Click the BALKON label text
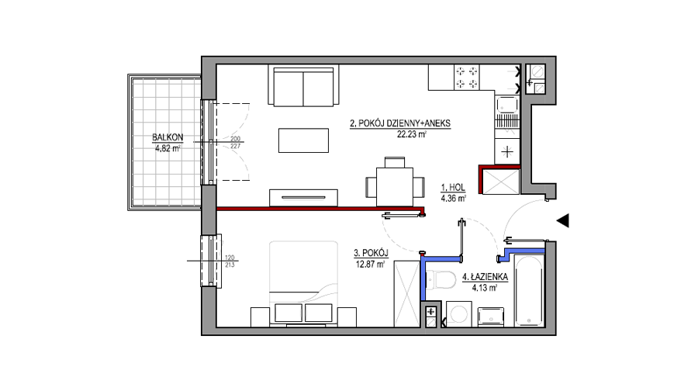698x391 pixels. tap(168, 137)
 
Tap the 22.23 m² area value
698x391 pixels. tap(412, 133)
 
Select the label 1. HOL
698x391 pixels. tap(453, 188)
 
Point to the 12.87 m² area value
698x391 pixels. tap(371, 264)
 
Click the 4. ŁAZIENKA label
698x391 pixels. tap(485, 277)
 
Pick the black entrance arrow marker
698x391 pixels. tap(563, 220)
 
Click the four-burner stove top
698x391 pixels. tap(467, 78)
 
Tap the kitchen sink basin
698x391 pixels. tap(507, 105)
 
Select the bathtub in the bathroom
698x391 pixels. tap(529, 290)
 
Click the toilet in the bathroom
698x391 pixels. tap(441, 280)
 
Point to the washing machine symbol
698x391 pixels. tap(459, 314)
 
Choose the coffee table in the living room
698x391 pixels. tap(303, 140)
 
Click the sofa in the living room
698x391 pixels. tap(303, 86)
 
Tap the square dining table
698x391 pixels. tap(395, 187)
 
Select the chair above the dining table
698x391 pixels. tap(395, 162)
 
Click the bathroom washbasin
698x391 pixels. tap(491, 317)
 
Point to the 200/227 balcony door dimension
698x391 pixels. tap(236, 143)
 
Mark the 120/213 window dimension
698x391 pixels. tap(230, 261)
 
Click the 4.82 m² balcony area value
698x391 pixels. tap(168, 149)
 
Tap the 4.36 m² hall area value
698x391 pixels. tap(453, 199)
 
